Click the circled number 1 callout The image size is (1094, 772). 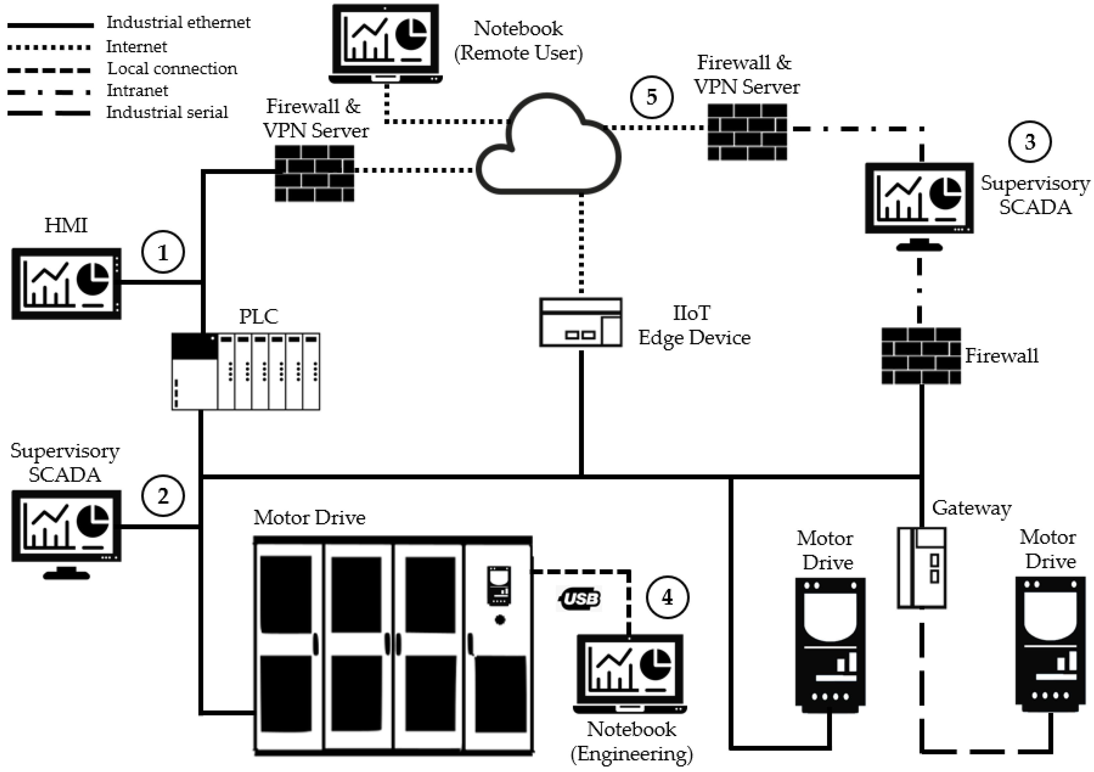(163, 252)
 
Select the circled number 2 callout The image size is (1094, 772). (163, 496)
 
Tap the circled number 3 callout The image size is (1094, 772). (1030, 141)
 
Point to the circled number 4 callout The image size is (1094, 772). (667, 597)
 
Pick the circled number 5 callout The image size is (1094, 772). (652, 97)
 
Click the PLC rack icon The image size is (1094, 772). (246, 372)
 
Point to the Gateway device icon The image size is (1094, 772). (921, 567)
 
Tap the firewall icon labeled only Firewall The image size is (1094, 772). (920, 356)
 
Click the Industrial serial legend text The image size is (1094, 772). (167, 113)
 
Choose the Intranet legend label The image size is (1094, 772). (137, 90)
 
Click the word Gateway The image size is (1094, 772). (971, 508)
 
